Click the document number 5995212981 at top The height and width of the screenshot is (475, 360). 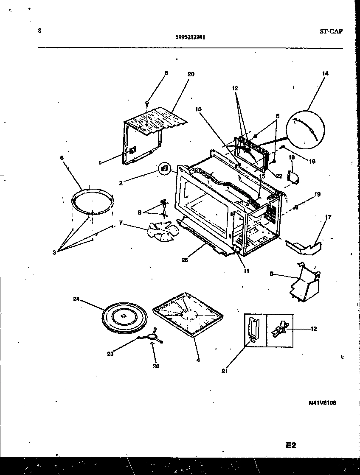point(191,36)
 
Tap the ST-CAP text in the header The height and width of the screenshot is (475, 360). point(331,31)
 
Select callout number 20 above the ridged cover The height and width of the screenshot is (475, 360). point(191,74)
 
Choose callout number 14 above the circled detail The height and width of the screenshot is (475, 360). point(325,73)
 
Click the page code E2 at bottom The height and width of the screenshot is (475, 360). point(290,445)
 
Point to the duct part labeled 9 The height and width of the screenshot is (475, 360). point(304,282)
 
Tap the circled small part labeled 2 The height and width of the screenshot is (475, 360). point(165,168)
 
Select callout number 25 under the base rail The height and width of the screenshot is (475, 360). point(185,260)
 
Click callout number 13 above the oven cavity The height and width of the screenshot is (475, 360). point(199,109)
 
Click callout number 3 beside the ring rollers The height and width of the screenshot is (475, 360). point(54,253)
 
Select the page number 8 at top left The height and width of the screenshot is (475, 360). point(39,31)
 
